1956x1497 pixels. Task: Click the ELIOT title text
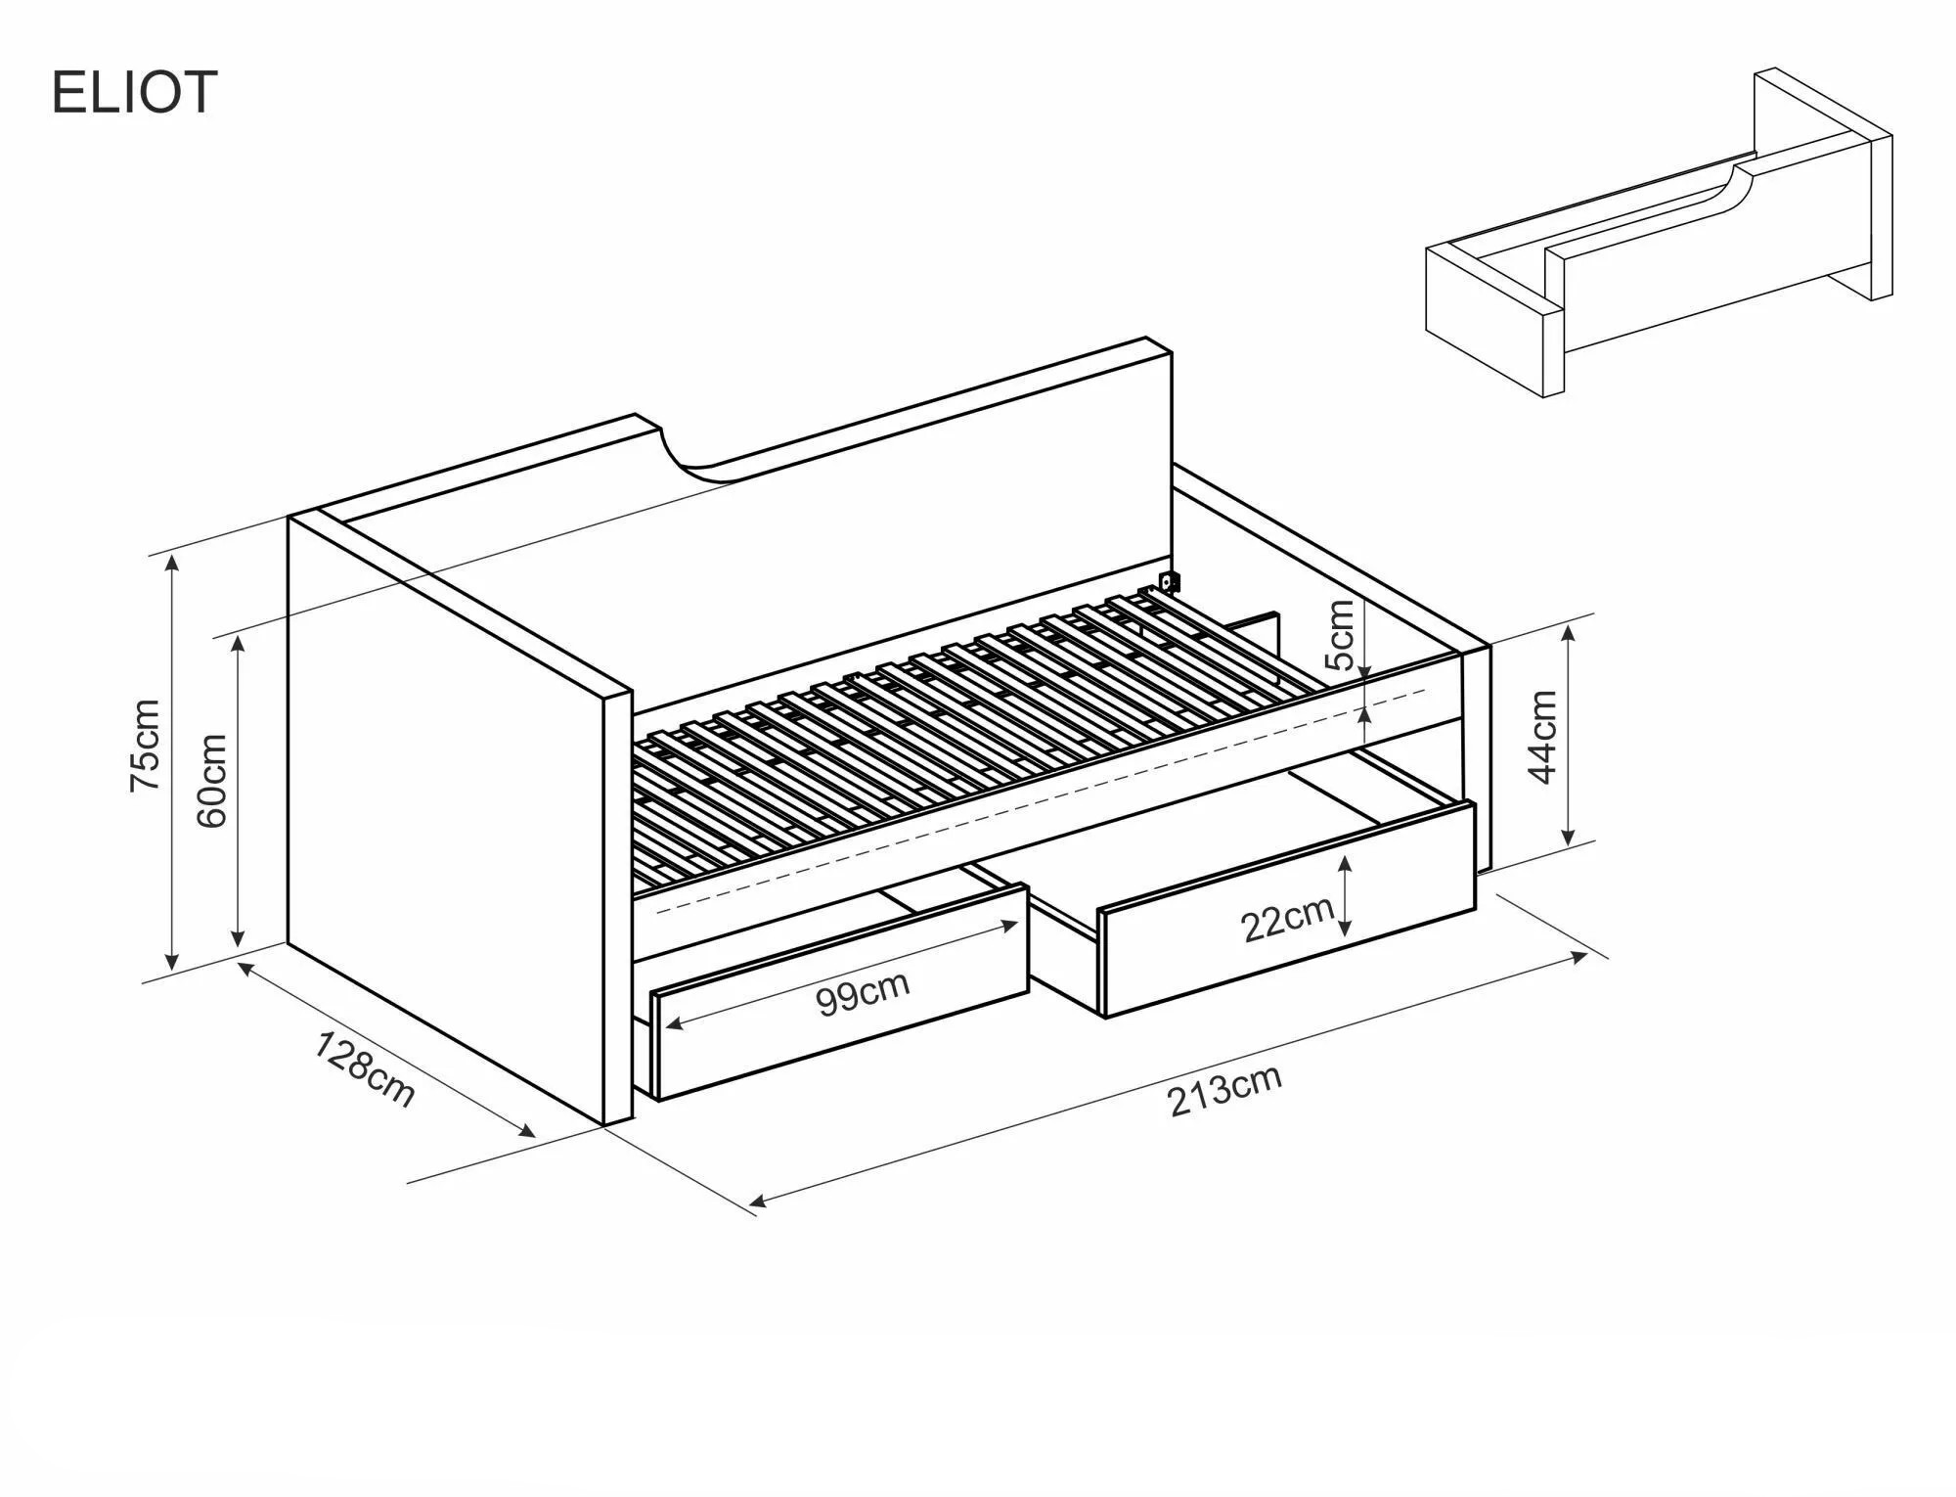(x=133, y=93)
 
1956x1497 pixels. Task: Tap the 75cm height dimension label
(x=145, y=747)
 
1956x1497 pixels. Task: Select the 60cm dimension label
(x=212, y=781)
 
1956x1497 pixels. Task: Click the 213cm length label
(x=1224, y=1090)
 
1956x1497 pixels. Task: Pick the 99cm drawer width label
(x=864, y=994)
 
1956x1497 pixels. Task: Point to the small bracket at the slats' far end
(x=1168, y=583)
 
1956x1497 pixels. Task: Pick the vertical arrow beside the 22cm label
(x=1347, y=895)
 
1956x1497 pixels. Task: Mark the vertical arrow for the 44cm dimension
(x=1568, y=736)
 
